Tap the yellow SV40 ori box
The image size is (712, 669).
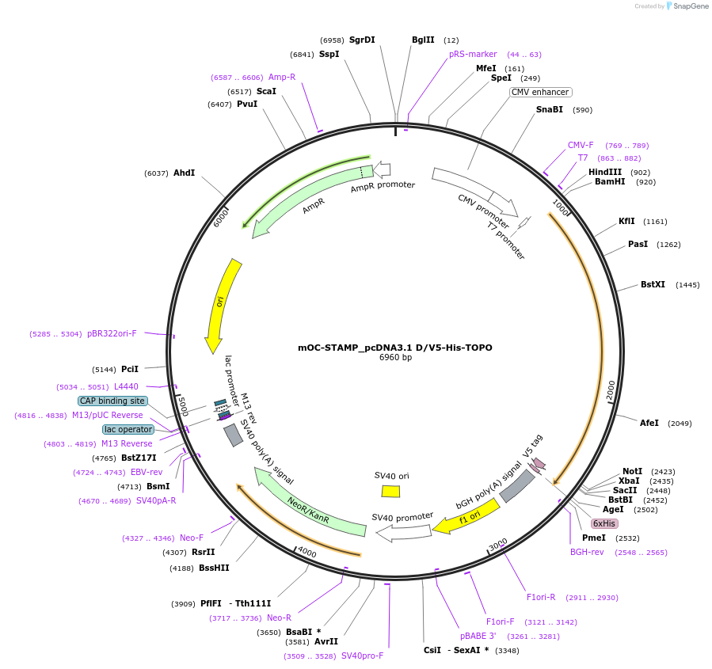pyautogui.click(x=390, y=491)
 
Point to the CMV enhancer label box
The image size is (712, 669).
pyautogui.click(x=540, y=92)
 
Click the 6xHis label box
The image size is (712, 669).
pyautogui.click(x=604, y=523)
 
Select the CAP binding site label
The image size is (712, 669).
pyautogui.click(x=112, y=401)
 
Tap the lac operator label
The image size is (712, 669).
pyautogui.click(x=128, y=429)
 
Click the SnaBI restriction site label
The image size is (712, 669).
pyautogui.click(x=549, y=109)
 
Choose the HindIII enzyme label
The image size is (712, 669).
pyautogui.click(x=605, y=172)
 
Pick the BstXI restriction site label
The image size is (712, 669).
pyautogui.click(x=653, y=284)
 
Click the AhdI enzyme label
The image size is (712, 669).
pyautogui.click(x=184, y=173)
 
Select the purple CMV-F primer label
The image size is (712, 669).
pyautogui.click(x=581, y=145)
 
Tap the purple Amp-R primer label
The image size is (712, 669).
pyautogui.click(x=282, y=77)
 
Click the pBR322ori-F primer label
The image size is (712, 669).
pyautogui.click(x=112, y=333)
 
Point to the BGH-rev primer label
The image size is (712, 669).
pyautogui.click(x=587, y=552)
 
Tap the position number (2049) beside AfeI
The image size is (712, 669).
pyautogui.click(x=680, y=423)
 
